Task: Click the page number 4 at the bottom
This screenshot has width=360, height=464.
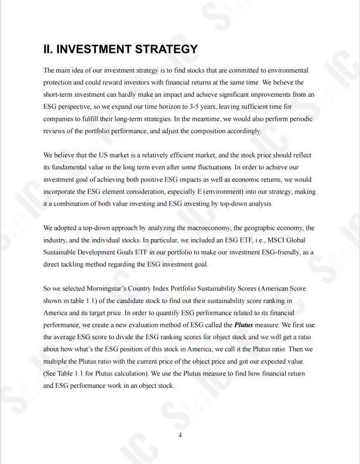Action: (180, 435)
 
